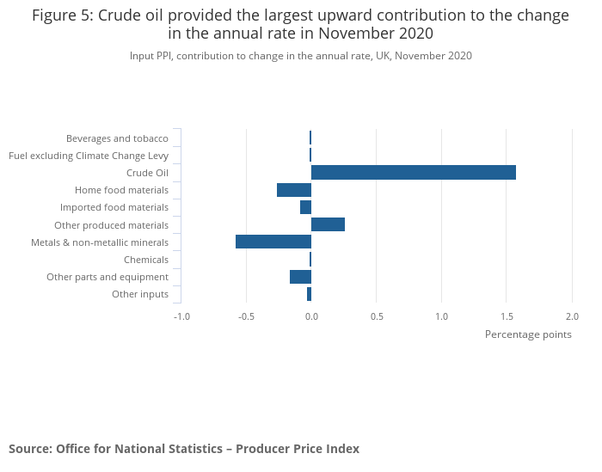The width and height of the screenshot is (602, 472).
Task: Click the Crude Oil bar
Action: coord(413,173)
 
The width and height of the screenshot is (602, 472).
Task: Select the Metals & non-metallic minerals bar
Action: coord(273,242)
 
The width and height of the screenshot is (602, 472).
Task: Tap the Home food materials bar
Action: coord(294,190)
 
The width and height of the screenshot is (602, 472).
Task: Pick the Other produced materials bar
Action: coord(328,224)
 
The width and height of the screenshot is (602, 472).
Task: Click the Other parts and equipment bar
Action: coord(300,277)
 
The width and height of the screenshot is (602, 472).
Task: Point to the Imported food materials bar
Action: coord(305,207)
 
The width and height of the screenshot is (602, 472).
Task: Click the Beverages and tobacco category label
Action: coord(117,138)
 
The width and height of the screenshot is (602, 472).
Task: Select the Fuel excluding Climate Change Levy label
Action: coord(89,156)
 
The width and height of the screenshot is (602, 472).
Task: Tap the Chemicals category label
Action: coord(146,260)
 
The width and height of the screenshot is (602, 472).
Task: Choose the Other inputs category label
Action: coord(140,294)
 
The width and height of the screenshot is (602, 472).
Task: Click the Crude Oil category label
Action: coord(147,173)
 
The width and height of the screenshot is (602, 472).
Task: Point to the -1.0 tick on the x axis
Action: coord(181,316)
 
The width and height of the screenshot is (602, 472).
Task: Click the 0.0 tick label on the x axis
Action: coord(311,316)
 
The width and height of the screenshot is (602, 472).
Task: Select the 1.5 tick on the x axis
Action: coord(507,316)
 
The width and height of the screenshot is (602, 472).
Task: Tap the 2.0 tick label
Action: coord(572,316)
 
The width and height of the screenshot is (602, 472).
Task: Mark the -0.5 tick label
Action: coord(246,316)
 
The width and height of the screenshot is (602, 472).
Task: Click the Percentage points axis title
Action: coord(528,334)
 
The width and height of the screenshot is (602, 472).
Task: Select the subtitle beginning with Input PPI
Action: coord(301,56)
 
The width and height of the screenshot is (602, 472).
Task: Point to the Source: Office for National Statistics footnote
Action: coord(184,449)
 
